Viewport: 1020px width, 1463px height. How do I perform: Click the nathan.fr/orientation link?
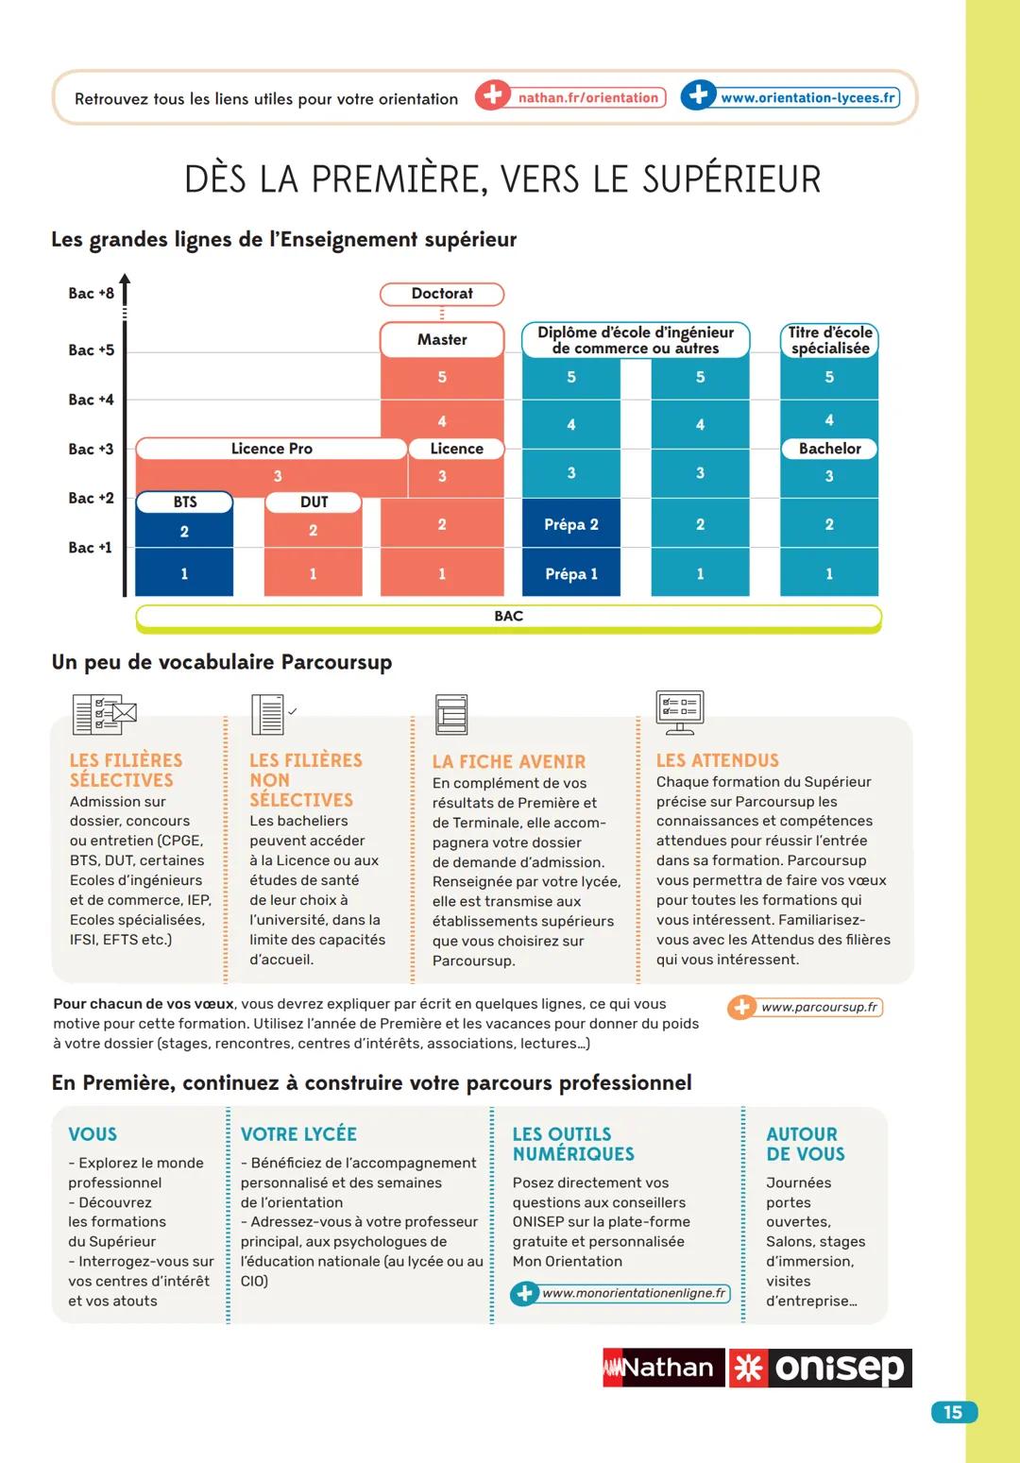(x=587, y=97)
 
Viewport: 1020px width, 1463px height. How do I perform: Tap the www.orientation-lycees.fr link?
(x=807, y=97)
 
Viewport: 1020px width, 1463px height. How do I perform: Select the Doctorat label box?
(x=442, y=294)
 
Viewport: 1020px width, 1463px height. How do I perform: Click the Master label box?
(x=442, y=340)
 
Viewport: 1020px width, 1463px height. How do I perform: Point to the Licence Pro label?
(x=271, y=449)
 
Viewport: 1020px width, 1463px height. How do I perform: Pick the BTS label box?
(x=185, y=502)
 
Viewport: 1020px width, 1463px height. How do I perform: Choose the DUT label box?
(x=314, y=502)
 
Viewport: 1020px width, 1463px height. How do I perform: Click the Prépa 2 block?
(x=571, y=524)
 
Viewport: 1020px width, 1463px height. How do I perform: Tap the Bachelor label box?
(x=829, y=449)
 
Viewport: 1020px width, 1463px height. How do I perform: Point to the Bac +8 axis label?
(x=91, y=293)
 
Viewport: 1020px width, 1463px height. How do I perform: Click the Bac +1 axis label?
(x=90, y=548)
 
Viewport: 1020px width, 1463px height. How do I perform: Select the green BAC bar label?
(x=508, y=617)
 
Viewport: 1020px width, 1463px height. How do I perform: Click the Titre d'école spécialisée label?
(x=829, y=340)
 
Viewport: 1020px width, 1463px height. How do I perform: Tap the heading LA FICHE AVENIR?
(x=509, y=761)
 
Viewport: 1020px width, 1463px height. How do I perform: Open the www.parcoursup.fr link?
(x=818, y=1007)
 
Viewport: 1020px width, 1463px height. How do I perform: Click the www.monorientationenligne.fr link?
(x=633, y=1293)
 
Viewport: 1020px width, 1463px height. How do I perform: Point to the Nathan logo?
(x=663, y=1368)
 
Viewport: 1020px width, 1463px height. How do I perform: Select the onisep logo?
(x=820, y=1368)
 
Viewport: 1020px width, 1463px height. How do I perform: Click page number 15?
(x=953, y=1412)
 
